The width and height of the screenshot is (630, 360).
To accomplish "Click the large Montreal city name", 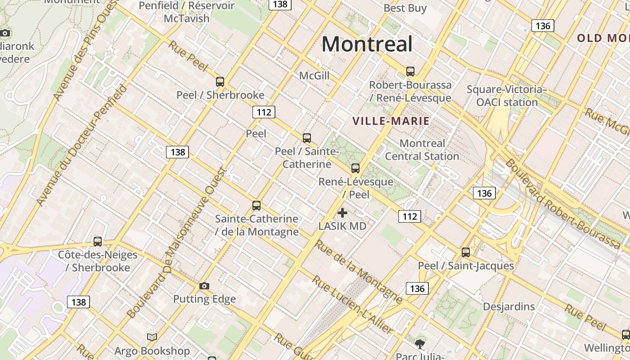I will click(x=367, y=44).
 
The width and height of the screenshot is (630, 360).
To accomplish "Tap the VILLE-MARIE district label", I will click(x=391, y=121).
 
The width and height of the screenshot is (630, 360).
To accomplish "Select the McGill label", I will click(x=314, y=76).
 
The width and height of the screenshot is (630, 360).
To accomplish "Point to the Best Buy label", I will click(x=405, y=8).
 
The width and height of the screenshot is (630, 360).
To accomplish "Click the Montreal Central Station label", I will click(x=422, y=150).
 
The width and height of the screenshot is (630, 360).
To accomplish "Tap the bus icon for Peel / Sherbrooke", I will click(x=220, y=82).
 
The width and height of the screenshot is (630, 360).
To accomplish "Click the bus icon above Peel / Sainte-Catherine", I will click(x=307, y=138).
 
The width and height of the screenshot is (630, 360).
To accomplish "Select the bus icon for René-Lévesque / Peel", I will click(x=355, y=168).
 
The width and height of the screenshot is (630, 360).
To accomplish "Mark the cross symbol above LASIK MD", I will click(x=342, y=213).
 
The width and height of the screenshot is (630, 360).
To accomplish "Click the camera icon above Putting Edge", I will click(x=204, y=286).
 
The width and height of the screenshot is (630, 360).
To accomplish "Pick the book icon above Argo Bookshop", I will click(x=152, y=337).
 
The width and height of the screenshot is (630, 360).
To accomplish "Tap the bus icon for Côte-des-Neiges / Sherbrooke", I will click(x=98, y=242).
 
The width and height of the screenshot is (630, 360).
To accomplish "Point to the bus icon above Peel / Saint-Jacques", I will click(x=466, y=252).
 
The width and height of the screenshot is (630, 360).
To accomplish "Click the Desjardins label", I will click(x=509, y=307).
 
